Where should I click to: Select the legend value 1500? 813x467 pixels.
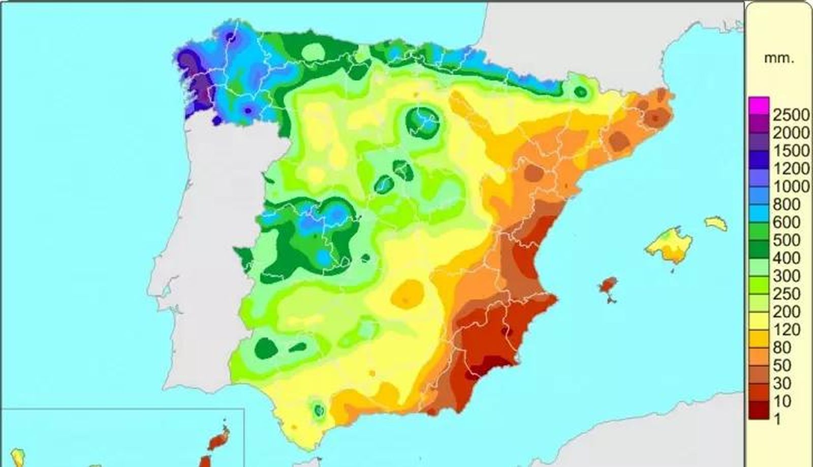[x=791, y=151]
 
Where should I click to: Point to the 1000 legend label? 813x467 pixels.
[x=791, y=186]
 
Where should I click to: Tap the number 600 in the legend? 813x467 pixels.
[x=786, y=222]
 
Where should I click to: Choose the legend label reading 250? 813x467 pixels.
[x=786, y=294]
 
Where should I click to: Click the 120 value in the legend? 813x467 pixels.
[x=786, y=329]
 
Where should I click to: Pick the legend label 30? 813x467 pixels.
[x=782, y=383]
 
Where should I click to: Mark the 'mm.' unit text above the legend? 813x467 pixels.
[x=778, y=58]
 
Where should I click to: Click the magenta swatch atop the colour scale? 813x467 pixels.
[x=759, y=105]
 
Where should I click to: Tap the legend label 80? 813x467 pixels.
[x=782, y=348]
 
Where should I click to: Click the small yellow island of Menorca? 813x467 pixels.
[x=715, y=223]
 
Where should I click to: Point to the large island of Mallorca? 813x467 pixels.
[x=669, y=245]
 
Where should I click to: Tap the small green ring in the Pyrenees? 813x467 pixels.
[x=580, y=92]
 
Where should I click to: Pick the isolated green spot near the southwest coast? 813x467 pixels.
[x=319, y=409]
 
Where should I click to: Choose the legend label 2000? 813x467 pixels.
[x=791, y=133]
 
